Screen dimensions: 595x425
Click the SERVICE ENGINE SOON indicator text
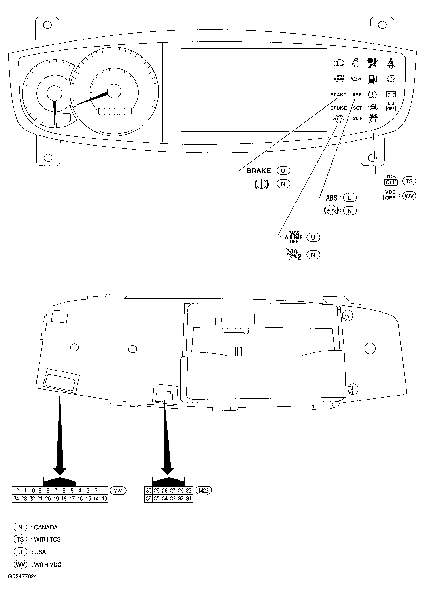tap(339, 79)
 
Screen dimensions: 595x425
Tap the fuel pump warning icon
tap(372, 79)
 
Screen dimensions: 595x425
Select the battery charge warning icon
tap(391, 94)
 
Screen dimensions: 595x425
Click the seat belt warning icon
tap(391, 63)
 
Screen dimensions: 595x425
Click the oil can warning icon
tap(356, 79)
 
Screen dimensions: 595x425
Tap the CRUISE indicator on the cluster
tap(338, 108)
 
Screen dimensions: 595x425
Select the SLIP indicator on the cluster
tap(357, 118)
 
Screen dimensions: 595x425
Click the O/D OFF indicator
tap(391, 106)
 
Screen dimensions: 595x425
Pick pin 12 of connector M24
tap(16, 491)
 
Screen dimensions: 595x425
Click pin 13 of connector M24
tap(104, 499)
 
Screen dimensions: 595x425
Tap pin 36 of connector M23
tap(149, 499)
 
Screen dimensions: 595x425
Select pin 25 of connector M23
tap(189, 491)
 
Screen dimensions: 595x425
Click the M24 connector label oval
tap(118, 491)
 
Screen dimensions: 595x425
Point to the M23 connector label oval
tap(203, 491)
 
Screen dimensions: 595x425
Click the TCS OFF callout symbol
tap(391, 180)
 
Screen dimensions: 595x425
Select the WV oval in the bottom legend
tap(20, 564)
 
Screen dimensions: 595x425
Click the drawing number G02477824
tap(23, 576)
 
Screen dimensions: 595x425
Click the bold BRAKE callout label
tap(258, 171)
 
